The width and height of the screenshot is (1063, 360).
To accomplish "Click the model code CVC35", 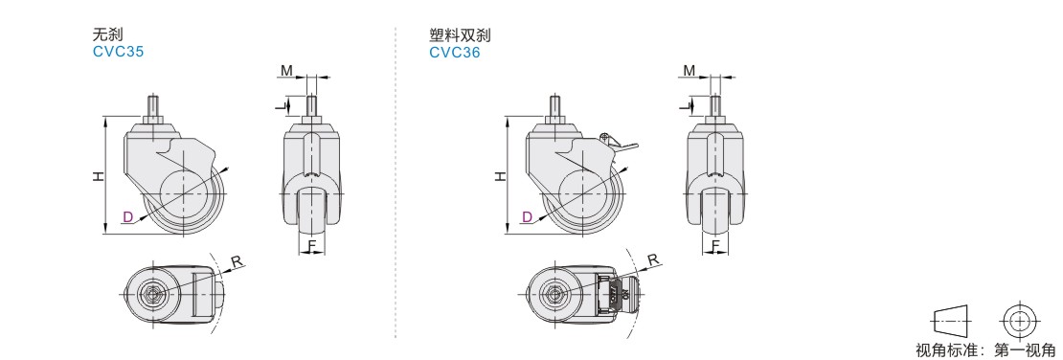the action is coord(118,52).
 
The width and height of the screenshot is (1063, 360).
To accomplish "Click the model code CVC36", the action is coord(454,53).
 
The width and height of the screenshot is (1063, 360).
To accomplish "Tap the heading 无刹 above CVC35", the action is coord(107,34).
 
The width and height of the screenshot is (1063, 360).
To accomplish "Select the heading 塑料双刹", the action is coord(460,34).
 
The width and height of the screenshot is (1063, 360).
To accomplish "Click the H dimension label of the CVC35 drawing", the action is coord(99,176).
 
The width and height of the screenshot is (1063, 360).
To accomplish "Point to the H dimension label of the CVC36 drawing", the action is coord(500,176).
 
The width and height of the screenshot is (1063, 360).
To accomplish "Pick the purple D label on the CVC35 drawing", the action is coord(127,217).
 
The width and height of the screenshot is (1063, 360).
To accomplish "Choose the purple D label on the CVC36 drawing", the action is coord(528,217).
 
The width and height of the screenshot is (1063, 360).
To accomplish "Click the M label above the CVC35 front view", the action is coord(286,71).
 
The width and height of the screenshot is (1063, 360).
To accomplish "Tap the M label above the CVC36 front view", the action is coord(689,71).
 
